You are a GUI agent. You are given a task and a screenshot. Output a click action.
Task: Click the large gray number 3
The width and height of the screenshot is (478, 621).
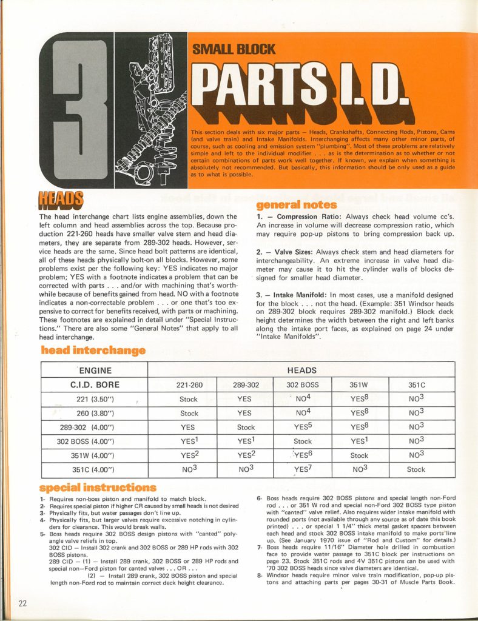tap(76, 109)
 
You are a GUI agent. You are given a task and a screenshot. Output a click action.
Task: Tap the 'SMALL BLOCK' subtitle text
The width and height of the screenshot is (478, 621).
tap(234, 49)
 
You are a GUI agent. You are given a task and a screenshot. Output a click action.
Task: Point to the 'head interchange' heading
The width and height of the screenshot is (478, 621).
tap(93, 350)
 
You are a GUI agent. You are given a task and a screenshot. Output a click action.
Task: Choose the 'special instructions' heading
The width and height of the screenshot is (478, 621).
tap(98, 487)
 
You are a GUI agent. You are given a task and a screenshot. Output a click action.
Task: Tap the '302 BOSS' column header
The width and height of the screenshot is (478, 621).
tap(302, 385)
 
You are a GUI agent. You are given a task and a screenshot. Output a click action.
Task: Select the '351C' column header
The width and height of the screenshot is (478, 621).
tap(416, 385)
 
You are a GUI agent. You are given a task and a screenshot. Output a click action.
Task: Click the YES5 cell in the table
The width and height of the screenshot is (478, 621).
tap(302, 427)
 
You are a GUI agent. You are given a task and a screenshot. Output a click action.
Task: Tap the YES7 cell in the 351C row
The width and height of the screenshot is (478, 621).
tap(302, 469)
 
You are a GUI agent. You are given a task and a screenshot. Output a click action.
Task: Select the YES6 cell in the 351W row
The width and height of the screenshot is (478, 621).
tap(302, 455)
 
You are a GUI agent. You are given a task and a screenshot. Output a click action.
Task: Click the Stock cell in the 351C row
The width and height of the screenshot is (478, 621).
tap(416, 469)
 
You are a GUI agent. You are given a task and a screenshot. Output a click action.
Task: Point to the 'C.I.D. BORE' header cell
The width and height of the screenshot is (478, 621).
tap(95, 385)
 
